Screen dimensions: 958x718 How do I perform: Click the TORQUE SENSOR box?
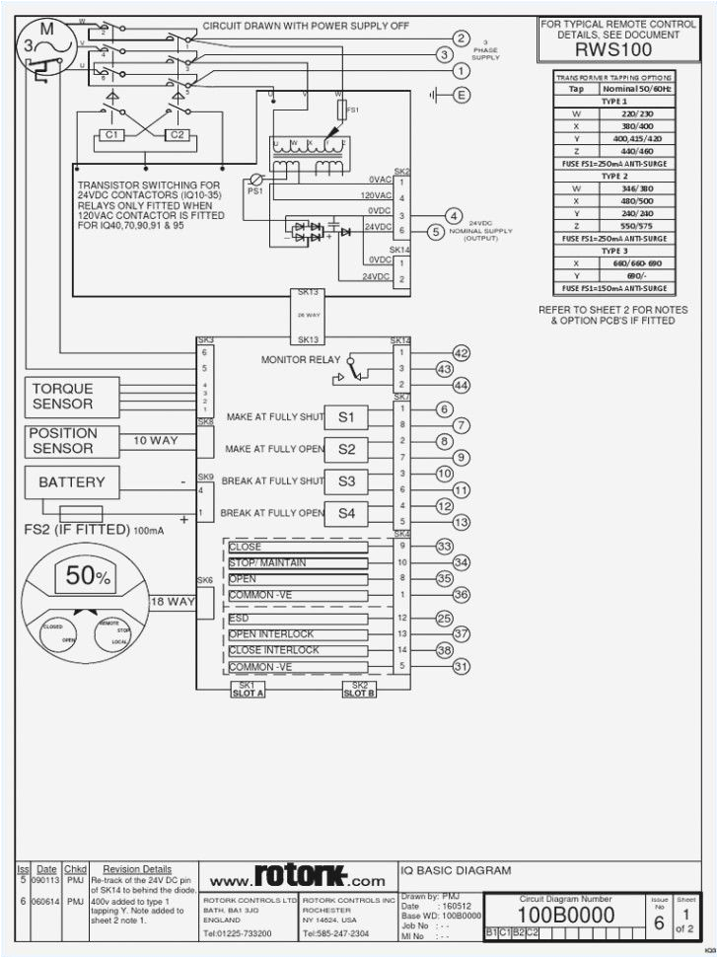(63, 397)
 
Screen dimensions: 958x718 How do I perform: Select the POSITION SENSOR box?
(63, 441)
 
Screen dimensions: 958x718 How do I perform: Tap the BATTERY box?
(71, 483)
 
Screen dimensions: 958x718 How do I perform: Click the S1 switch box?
(346, 417)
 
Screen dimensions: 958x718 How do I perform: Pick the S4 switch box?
(346, 513)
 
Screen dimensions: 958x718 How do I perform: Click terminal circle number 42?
(461, 353)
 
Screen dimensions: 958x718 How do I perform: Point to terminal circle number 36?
(461, 595)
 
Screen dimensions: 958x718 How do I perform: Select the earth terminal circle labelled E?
(461, 95)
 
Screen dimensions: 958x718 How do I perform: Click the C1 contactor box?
(112, 134)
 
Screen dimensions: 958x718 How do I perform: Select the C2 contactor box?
(177, 134)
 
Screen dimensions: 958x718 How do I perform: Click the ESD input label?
(240, 618)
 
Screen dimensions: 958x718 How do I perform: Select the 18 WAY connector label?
(173, 602)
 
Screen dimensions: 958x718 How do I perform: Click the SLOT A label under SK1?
(248, 694)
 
